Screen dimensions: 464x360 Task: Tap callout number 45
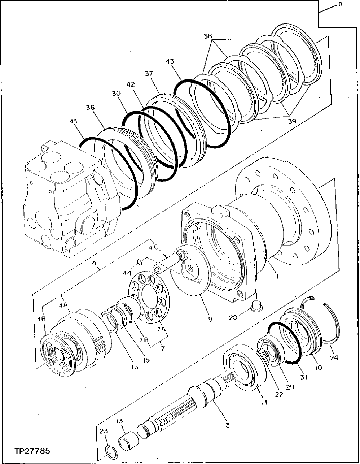click(74, 121)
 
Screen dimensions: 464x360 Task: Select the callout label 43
click(170, 62)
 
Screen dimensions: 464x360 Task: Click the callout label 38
click(207, 36)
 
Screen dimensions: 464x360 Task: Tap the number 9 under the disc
click(210, 319)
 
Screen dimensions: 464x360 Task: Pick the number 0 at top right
click(340, 4)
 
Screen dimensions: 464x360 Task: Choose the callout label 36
click(90, 108)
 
